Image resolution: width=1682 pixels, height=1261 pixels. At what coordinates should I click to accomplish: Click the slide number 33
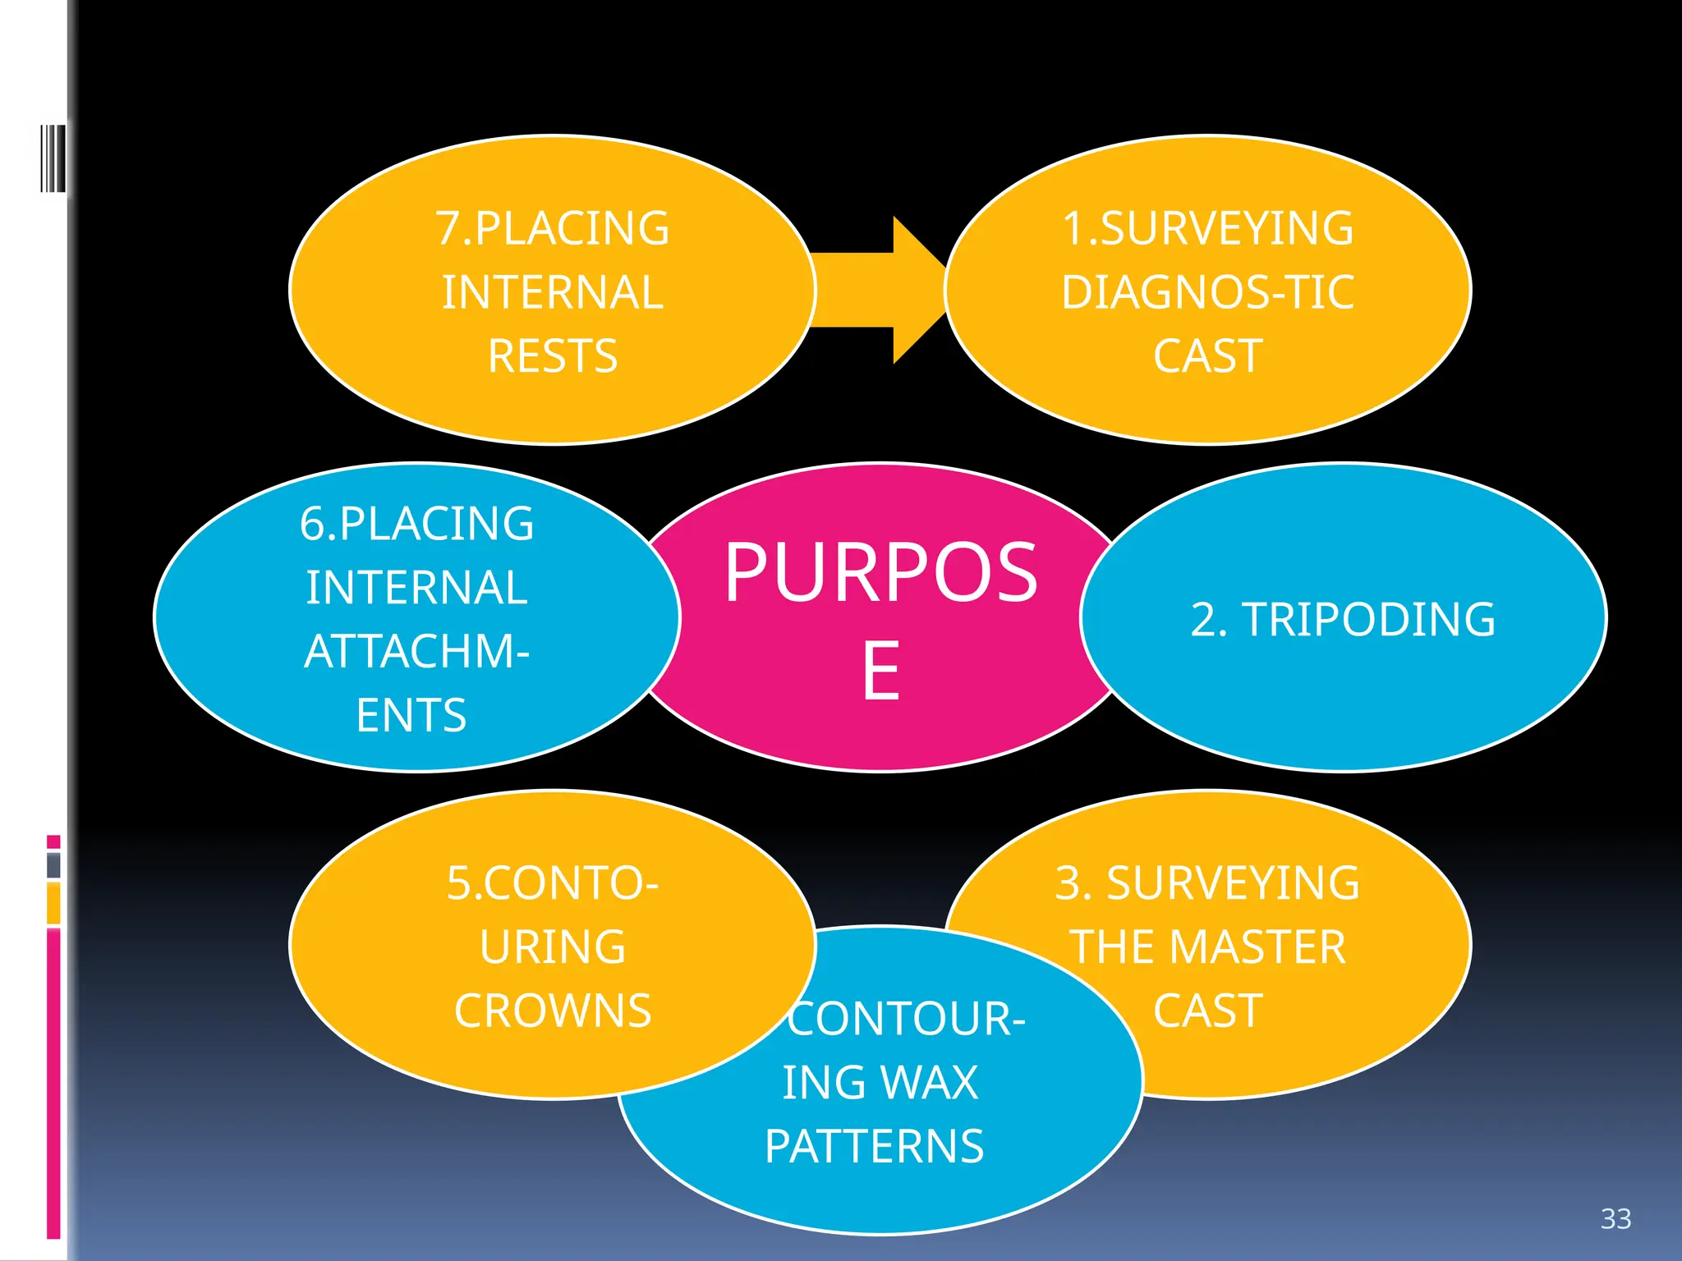tap(1615, 1218)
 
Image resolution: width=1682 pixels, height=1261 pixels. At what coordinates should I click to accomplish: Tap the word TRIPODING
tap(1368, 619)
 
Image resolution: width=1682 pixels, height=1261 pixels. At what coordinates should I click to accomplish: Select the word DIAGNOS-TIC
tap(1206, 292)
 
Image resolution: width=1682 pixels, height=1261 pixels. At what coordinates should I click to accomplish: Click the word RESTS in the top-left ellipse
tap(552, 356)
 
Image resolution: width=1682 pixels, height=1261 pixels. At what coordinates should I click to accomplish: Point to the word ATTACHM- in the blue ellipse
tap(416, 652)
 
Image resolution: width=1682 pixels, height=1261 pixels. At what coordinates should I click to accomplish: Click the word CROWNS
tap(552, 1011)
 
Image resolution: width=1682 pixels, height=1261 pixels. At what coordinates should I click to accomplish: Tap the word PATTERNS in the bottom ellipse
tap(874, 1146)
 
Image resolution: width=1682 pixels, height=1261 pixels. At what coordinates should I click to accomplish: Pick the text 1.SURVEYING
tap(1206, 228)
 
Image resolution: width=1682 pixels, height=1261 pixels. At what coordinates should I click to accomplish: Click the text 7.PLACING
tap(552, 228)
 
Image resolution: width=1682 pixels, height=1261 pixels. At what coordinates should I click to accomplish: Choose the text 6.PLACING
tap(416, 524)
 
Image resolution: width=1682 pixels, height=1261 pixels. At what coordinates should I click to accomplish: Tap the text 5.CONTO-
tap(552, 883)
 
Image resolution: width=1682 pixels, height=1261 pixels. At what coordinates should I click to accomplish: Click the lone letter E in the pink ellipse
tap(880, 671)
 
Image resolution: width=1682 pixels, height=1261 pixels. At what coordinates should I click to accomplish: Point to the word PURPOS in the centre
tap(880, 572)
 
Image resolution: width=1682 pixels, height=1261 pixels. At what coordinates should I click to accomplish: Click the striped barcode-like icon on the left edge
tap(53, 158)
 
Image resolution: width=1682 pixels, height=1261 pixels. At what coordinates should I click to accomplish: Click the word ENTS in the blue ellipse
tap(411, 715)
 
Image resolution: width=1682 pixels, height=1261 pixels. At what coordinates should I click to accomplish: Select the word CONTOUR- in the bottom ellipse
tap(906, 1019)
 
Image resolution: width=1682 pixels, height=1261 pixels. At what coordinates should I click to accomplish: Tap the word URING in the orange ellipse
tap(552, 947)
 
